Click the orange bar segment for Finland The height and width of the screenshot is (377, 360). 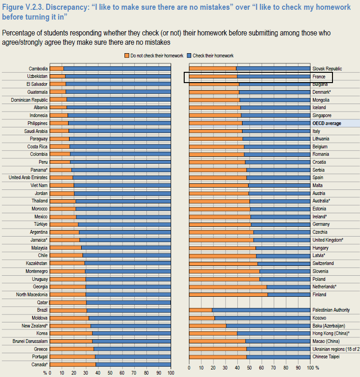click(x=228, y=294)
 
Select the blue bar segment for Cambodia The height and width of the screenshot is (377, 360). click(x=117, y=69)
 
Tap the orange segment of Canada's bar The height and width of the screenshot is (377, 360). click(x=73, y=364)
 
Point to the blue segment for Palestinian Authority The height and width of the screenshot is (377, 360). click(x=261, y=310)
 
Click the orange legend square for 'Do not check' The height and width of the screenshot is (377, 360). click(x=127, y=56)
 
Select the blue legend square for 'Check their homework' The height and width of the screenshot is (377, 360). click(x=189, y=56)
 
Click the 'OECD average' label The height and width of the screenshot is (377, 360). click(x=326, y=123)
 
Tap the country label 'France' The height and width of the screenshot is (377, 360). click(x=318, y=77)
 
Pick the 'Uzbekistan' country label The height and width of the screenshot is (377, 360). click(x=37, y=76)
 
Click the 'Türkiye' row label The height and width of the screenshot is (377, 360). click(x=41, y=224)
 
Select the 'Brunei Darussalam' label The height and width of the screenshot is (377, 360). click(x=30, y=341)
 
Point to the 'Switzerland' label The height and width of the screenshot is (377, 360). click(x=323, y=263)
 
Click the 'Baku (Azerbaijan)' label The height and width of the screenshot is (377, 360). click(x=328, y=326)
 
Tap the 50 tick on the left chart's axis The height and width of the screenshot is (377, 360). click(x=110, y=373)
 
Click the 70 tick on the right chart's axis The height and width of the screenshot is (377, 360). click(x=273, y=368)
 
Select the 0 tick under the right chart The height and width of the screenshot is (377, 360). click(x=189, y=368)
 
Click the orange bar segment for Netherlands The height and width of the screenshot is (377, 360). click(x=228, y=286)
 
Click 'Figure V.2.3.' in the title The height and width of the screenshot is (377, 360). click(x=23, y=7)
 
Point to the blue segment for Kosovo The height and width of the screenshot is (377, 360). click(x=263, y=318)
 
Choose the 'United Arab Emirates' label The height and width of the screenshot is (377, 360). click(x=28, y=177)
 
